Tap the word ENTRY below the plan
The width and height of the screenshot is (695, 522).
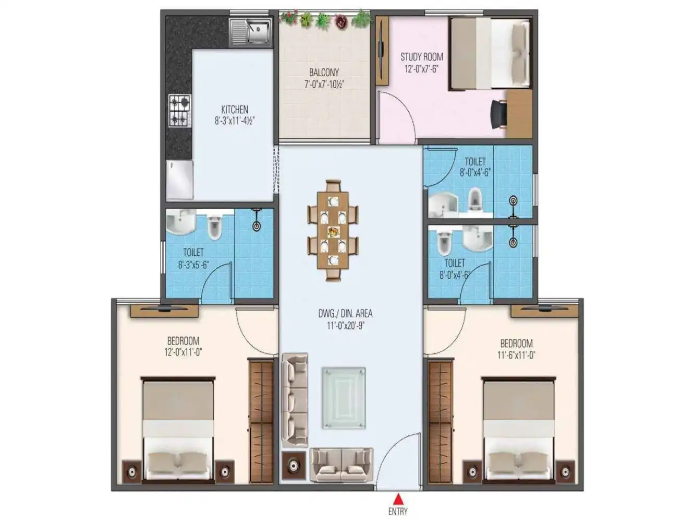tap(398, 512)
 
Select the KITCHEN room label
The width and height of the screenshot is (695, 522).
tap(235, 110)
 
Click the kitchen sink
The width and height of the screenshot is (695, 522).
tap(251, 31)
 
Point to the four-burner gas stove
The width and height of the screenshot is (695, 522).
tap(179, 110)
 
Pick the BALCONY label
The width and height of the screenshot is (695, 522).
tap(324, 73)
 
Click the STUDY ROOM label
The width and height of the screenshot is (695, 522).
tap(422, 56)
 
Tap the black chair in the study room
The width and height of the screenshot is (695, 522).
tap(498, 113)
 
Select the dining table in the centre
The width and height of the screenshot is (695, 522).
tap(333, 230)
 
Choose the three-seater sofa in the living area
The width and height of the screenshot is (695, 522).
tap(295, 400)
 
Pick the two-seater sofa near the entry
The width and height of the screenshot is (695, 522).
tap(341, 464)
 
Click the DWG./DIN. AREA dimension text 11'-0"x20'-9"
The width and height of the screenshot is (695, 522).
tap(345, 325)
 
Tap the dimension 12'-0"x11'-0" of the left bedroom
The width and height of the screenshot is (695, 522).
tap(183, 352)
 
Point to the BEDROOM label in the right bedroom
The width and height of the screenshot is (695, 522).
tap(516, 343)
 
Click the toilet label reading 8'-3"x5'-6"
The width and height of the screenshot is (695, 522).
tap(193, 265)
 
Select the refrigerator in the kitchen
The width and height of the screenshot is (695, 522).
tap(179, 180)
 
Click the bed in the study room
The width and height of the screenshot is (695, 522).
tap(490, 53)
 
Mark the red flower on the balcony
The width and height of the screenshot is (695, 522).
tap(341, 21)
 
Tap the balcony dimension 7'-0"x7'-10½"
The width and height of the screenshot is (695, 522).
tap(324, 84)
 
